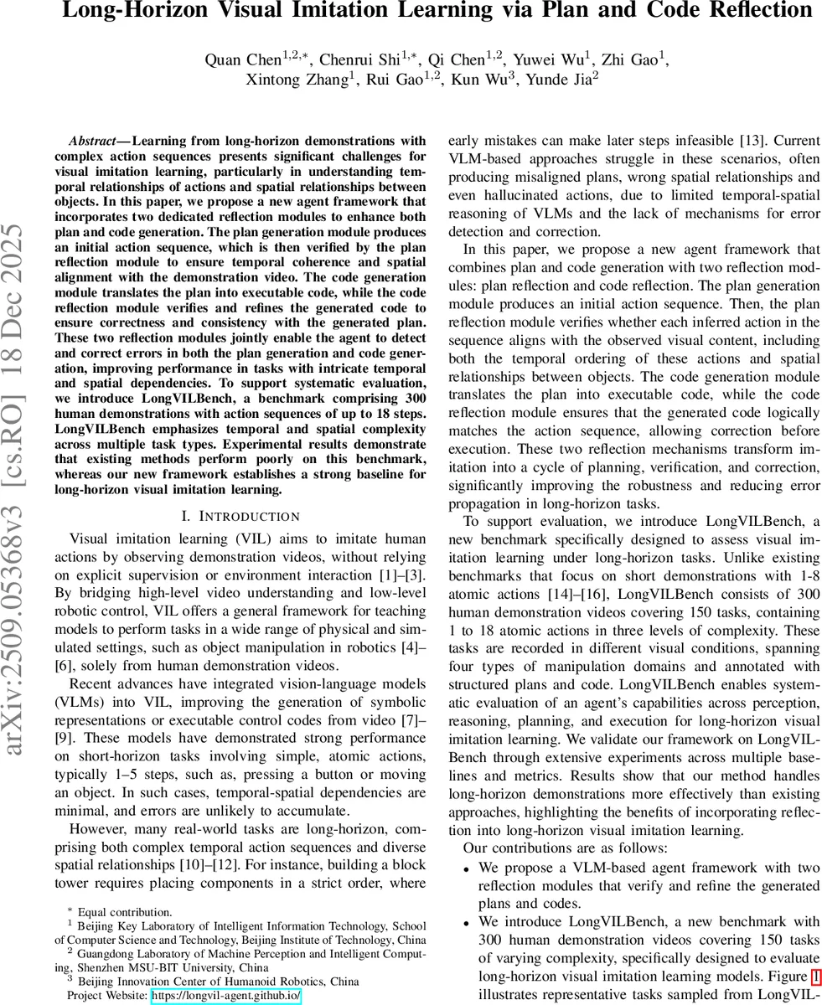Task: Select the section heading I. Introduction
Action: (240, 516)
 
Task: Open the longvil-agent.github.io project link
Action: (225, 996)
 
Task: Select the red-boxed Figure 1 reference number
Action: (815, 977)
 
